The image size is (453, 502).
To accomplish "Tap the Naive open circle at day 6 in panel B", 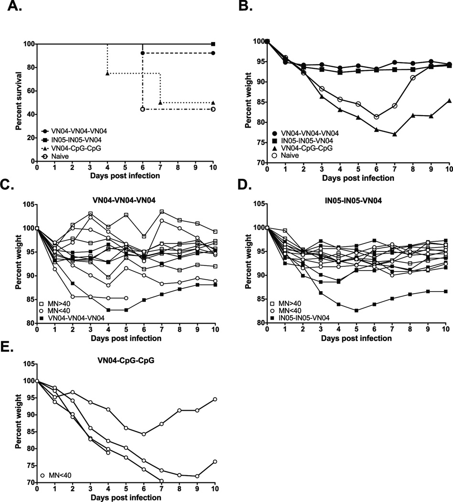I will tap(377, 117).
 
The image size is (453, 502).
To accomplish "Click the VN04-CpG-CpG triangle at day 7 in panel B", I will tap(395, 134).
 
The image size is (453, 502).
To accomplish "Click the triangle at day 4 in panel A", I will tap(108, 73).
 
